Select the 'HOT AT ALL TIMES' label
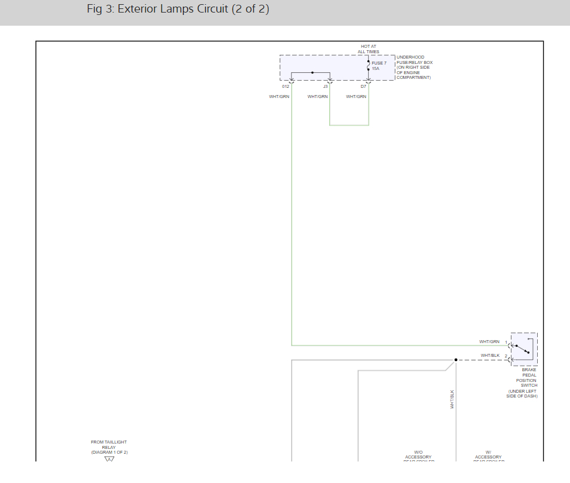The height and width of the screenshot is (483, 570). [x=369, y=49]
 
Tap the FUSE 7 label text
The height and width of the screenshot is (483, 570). [x=379, y=63]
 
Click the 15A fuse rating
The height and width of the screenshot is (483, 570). [x=375, y=69]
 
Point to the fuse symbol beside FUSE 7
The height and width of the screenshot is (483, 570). [x=368, y=65]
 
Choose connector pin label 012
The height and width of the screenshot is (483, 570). [x=286, y=87]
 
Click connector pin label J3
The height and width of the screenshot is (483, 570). [x=325, y=87]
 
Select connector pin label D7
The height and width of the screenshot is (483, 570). [x=363, y=87]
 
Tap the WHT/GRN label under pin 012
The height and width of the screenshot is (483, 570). [x=279, y=97]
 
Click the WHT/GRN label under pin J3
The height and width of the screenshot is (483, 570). [x=318, y=97]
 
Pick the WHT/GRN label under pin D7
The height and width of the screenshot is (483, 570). [x=356, y=97]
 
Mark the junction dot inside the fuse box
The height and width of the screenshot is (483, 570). [x=312, y=72]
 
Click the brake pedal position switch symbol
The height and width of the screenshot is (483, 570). [x=524, y=349]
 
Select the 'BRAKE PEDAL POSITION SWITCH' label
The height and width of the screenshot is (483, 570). [x=526, y=378]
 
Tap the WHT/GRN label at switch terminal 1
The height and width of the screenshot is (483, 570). [x=489, y=342]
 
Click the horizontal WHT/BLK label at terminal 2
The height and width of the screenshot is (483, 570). [x=490, y=356]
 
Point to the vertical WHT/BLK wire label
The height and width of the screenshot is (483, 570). [x=452, y=399]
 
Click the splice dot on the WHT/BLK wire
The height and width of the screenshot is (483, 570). [x=455, y=360]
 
